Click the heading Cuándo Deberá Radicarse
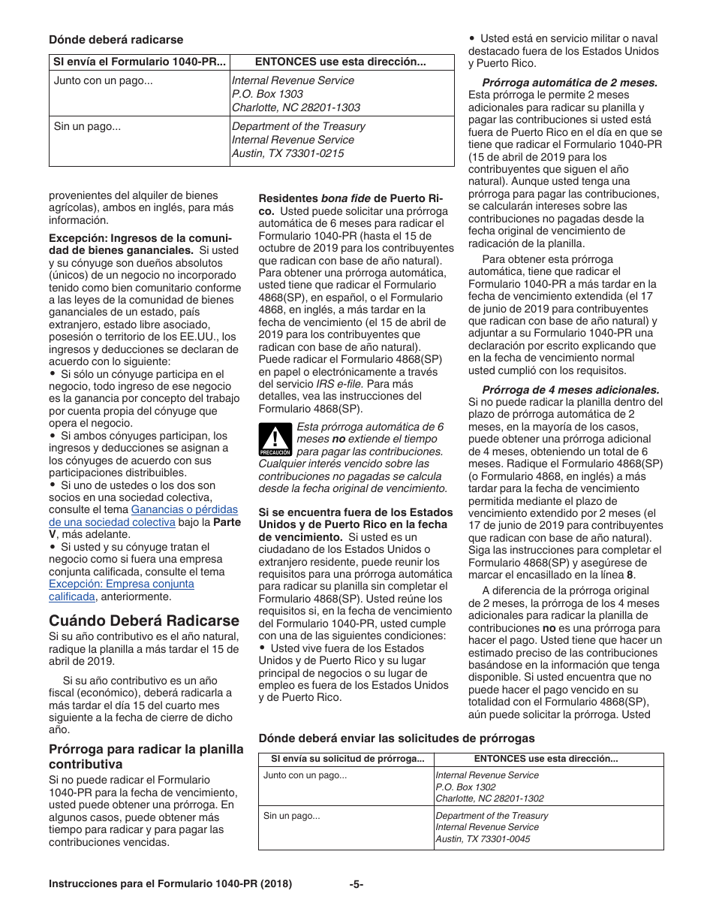pos(144,621)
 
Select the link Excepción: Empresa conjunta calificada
pos(122,590)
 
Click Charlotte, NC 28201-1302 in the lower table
pos(489,799)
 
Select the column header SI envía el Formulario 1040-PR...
pos(140,62)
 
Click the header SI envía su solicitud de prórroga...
pos(347,759)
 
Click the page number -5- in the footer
pos(356,884)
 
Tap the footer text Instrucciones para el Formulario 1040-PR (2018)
pos(170,884)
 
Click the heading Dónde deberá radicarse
pos(116,39)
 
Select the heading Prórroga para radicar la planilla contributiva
pos(146,756)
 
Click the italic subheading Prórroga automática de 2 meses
pos(570,83)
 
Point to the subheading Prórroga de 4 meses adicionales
pos(570,389)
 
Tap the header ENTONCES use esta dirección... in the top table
pos(341,62)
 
